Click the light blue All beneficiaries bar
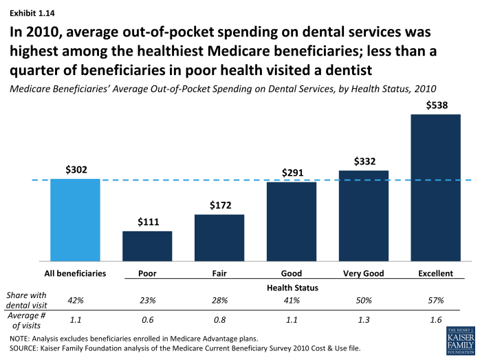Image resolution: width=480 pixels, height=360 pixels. point(75,220)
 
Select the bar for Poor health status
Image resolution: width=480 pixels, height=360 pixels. point(147,246)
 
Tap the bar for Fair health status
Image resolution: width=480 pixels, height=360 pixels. point(219,237)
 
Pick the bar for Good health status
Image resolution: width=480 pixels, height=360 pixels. point(292,221)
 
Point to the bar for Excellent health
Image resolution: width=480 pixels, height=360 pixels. point(435,187)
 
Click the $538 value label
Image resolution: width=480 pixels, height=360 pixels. point(435,105)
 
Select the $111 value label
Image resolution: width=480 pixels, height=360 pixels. point(147,222)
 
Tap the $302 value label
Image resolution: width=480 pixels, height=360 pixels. point(75,169)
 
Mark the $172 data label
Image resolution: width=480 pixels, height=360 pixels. point(219,205)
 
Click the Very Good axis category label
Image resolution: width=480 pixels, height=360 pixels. point(364,273)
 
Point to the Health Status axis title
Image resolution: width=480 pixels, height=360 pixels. point(291,288)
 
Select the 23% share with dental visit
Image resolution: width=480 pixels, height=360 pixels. point(147,301)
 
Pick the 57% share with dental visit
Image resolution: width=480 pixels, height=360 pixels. point(435,301)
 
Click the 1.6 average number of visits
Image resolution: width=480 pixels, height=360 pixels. point(435,320)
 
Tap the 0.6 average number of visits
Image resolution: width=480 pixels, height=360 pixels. point(147,320)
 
